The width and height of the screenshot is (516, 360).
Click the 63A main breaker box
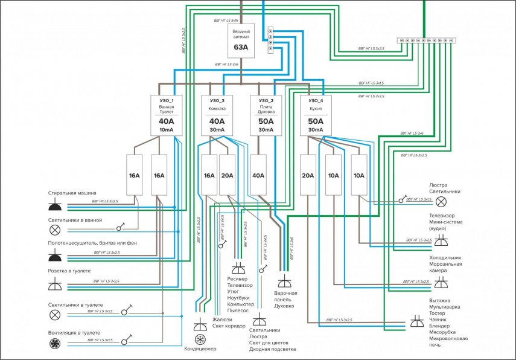click(x=241, y=40)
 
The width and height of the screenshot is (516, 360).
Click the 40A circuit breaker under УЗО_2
click(x=258, y=176)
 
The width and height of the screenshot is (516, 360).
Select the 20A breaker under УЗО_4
click(x=308, y=176)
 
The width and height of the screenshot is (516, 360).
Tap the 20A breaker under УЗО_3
click(x=228, y=176)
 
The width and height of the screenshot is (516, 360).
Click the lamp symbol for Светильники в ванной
click(x=55, y=230)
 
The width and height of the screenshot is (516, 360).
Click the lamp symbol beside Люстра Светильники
click(x=441, y=201)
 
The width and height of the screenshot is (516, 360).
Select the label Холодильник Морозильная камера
click(x=445, y=264)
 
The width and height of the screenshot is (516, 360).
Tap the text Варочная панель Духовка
click(x=285, y=300)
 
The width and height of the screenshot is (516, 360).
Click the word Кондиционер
click(x=200, y=349)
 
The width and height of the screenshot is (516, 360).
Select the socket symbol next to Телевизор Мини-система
click(x=441, y=241)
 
